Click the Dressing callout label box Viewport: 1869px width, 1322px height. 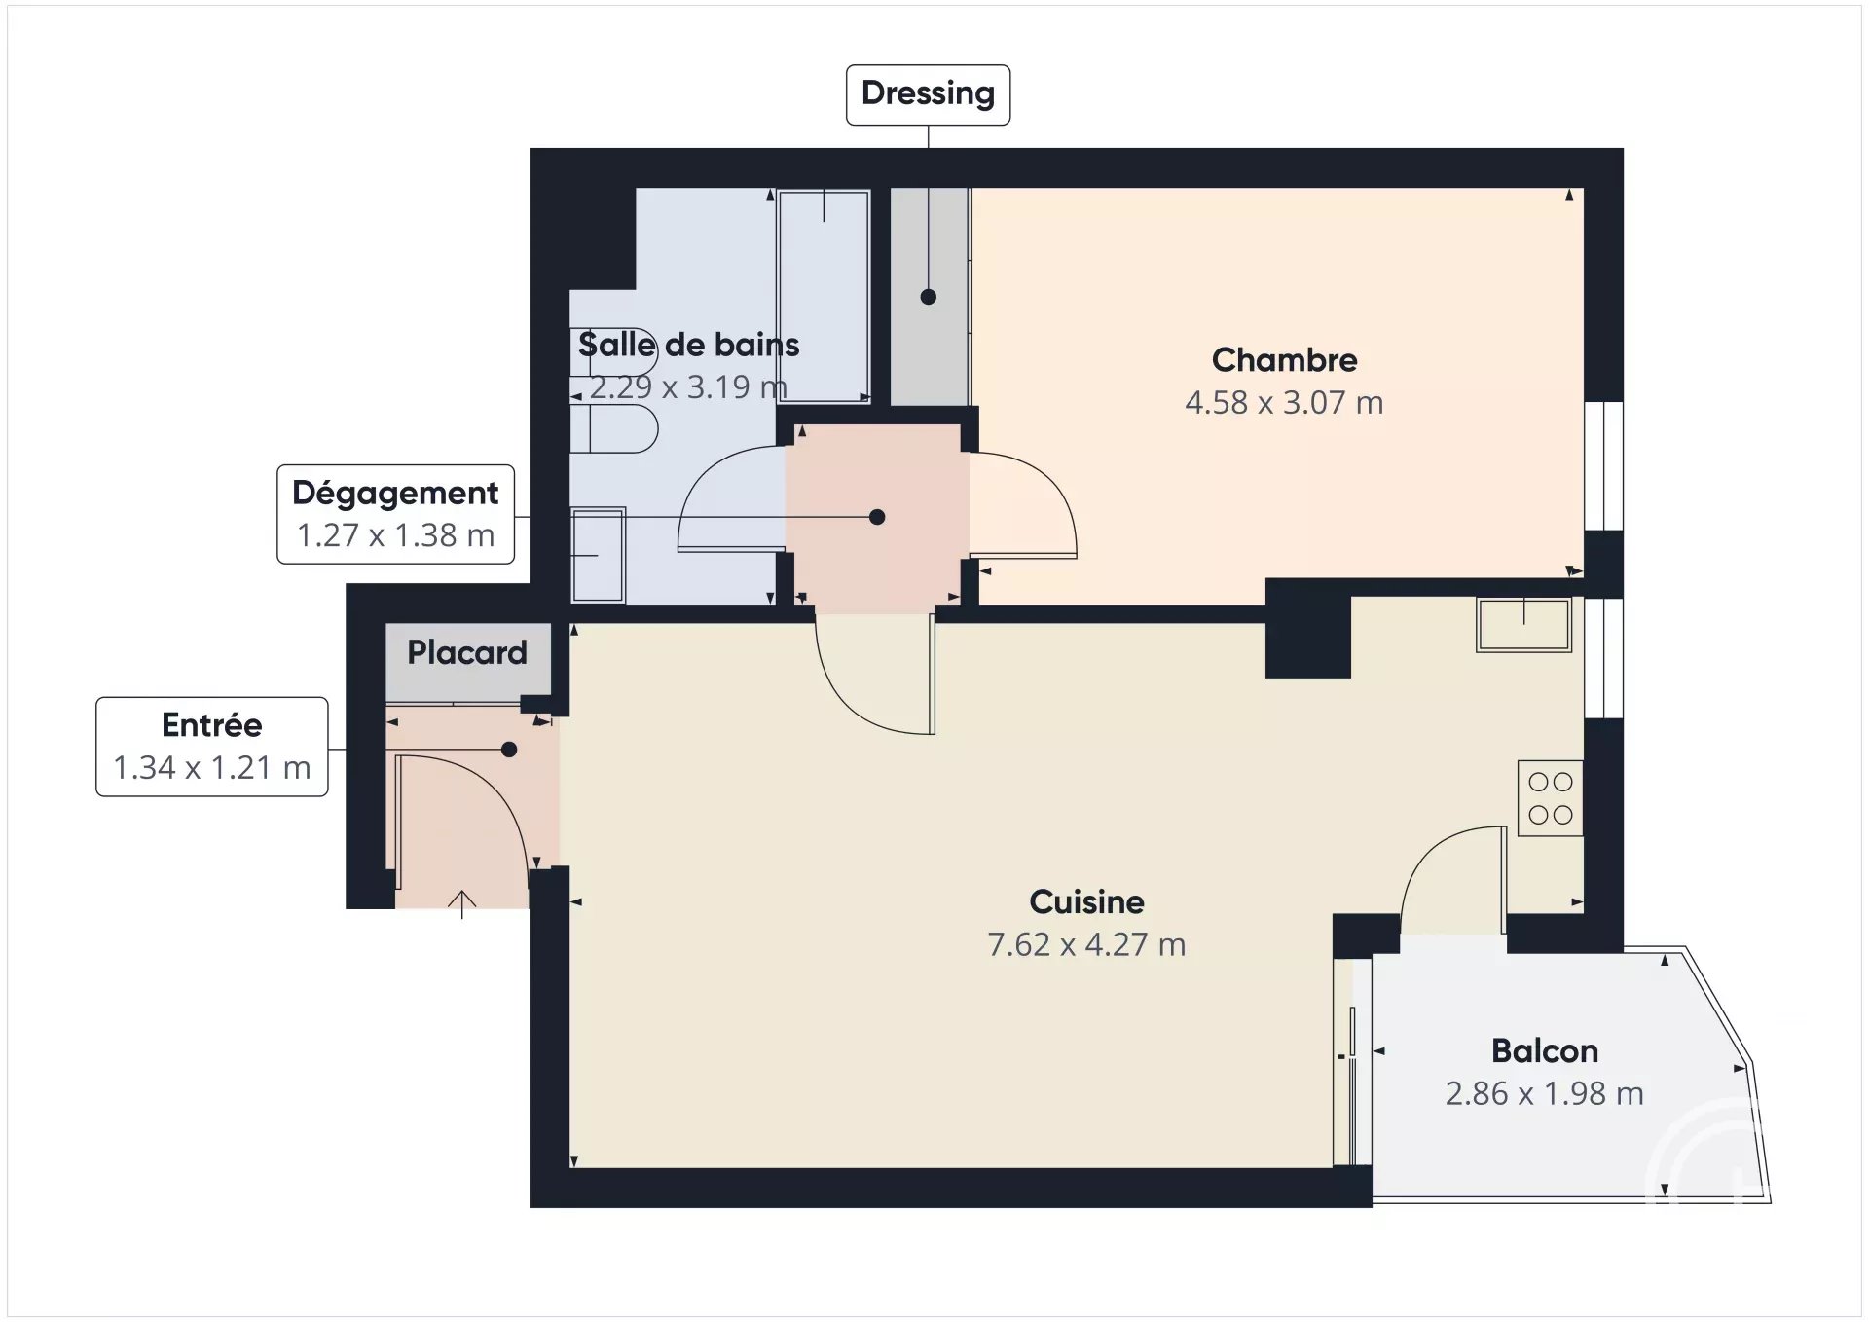[928, 94]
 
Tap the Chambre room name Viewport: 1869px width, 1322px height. [1284, 360]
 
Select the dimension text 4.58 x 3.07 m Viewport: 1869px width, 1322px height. [1284, 402]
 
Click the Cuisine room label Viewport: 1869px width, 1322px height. [1086, 902]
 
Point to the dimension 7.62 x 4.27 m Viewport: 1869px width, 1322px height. [1086, 944]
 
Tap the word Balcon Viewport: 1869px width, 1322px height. [1545, 1051]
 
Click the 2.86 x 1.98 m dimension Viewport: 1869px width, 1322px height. [1545, 1093]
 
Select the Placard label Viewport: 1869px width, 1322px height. [467, 652]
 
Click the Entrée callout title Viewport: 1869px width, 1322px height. [212, 725]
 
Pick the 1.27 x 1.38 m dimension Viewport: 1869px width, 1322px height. [396, 535]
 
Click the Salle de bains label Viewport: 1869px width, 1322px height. [689, 345]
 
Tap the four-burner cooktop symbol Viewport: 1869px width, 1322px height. [1551, 798]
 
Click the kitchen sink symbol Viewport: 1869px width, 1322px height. [1524, 624]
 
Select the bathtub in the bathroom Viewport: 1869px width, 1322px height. [824, 296]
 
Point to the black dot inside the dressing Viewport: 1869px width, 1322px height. [929, 297]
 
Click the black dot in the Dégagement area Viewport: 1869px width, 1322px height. [877, 517]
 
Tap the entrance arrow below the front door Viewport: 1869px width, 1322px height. [461, 904]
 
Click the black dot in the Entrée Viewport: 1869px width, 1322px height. [509, 750]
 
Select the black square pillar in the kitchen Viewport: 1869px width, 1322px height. [1308, 629]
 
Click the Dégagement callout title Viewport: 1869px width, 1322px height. [396, 494]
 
